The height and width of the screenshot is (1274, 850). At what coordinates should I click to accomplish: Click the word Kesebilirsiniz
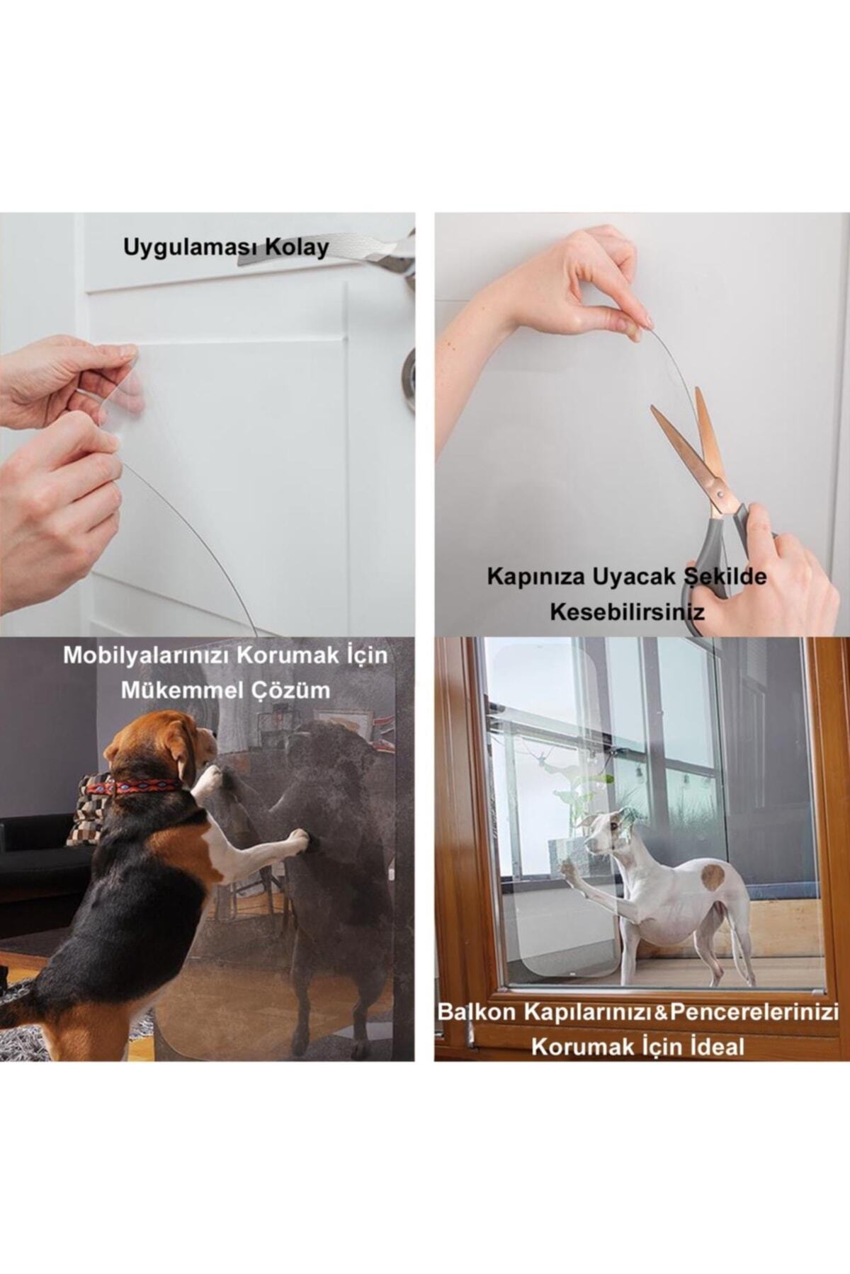[628, 612]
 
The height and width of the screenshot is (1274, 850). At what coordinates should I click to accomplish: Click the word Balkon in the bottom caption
[476, 1011]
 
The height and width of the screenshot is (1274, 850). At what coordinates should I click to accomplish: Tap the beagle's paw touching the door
[297, 838]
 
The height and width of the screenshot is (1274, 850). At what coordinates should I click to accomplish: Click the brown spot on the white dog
[713, 877]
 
